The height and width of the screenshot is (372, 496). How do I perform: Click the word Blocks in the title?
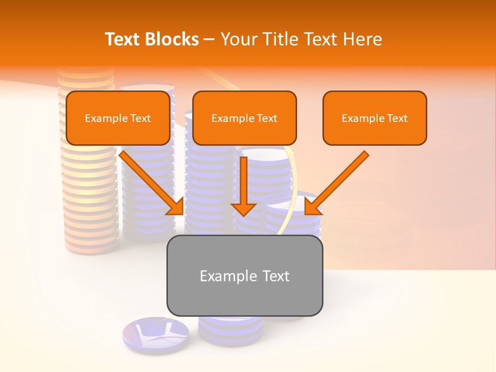(x=172, y=39)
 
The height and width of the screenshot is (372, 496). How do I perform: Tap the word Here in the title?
(x=362, y=39)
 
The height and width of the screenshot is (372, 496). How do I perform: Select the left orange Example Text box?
(x=118, y=118)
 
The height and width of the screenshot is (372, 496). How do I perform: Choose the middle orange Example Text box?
(x=244, y=118)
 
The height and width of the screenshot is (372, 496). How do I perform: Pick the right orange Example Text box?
(x=375, y=118)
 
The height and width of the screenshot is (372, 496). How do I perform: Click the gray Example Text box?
(x=244, y=275)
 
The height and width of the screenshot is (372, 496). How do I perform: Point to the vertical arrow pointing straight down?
(x=244, y=186)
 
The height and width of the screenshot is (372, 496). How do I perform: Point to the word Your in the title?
(x=238, y=39)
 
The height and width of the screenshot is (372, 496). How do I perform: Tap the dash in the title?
(x=209, y=39)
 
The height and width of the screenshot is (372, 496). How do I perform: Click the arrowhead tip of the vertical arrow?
(x=244, y=214)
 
